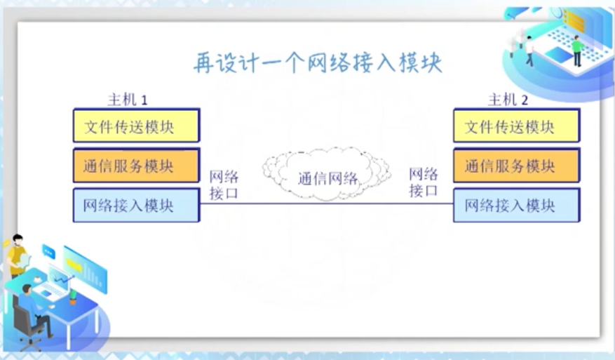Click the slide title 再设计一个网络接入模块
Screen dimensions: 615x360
click(x=317, y=63)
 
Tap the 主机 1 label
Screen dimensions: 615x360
click(x=127, y=99)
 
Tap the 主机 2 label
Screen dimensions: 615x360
click(x=508, y=99)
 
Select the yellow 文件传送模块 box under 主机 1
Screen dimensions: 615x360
click(x=136, y=126)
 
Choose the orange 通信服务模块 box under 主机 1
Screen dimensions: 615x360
click(x=136, y=166)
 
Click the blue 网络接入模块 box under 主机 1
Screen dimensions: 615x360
click(x=136, y=205)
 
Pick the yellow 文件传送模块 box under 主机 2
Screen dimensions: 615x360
click(x=516, y=126)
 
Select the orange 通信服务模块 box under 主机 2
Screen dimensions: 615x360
click(x=516, y=166)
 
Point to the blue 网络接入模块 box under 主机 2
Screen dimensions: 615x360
click(x=516, y=205)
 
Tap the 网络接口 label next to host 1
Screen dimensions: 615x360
click(x=224, y=183)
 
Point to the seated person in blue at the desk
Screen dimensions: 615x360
click(x=32, y=309)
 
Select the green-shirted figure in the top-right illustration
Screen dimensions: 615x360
click(x=576, y=49)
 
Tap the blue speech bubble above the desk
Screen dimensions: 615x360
click(x=48, y=250)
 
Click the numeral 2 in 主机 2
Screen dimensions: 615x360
click(x=525, y=100)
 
